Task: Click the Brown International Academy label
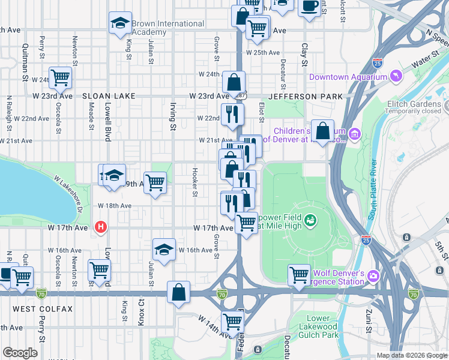click(x=168, y=28)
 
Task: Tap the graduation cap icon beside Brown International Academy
click(x=120, y=23)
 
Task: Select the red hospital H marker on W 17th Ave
click(x=101, y=227)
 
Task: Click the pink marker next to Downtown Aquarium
click(x=396, y=76)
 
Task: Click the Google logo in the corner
click(x=20, y=353)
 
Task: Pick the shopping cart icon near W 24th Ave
click(x=60, y=77)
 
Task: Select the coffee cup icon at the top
click(x=309, y=6)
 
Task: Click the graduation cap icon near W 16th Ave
click(x=163, y=249)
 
